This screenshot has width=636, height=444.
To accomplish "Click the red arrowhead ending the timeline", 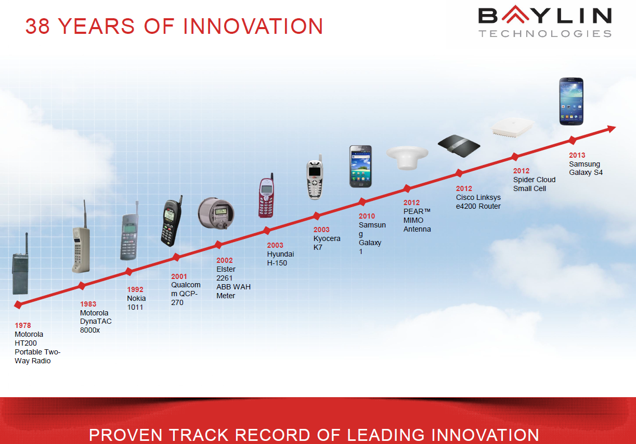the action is [x=611, y=129].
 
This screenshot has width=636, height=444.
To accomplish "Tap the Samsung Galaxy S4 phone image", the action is [x=572, y=101].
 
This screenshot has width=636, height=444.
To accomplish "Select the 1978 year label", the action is [x=23, y=325].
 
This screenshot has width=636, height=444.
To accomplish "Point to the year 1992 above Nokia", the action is [x=135, y=289].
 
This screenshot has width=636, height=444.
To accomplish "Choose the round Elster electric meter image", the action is [x=216, y=213].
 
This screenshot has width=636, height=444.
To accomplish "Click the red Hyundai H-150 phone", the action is [x=266, y=196].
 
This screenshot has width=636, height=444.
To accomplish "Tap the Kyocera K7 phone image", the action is [x=315, y=177].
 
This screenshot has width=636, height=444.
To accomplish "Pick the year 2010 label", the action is [x=367, y=216].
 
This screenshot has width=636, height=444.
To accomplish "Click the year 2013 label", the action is [x=577, y=155].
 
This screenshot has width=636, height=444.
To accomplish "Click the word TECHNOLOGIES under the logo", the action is [x=545, y=33].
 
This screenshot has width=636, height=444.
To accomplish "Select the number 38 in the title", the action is [x=37, y=26].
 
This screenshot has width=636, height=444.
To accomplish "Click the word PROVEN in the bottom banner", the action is [x=125, y=435].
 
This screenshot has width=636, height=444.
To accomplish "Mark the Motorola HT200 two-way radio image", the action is [x=20, y=264].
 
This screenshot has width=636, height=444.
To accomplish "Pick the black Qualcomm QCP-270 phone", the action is [x=171, y=221].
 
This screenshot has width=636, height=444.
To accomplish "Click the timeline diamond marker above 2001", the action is [x=176, y=257].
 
